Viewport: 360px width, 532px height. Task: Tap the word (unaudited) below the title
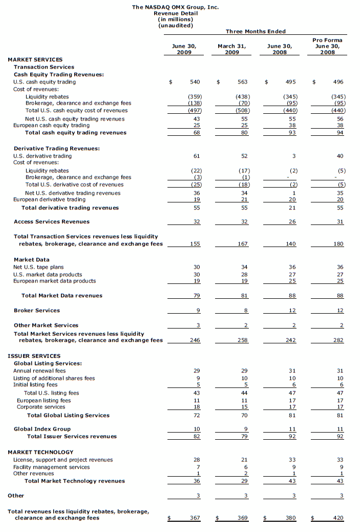[176, 25]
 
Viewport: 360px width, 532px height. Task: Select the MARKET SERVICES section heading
[35, 59]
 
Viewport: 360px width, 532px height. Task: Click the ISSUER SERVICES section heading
[34, 356]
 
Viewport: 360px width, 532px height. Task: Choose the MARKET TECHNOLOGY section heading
[40, 452]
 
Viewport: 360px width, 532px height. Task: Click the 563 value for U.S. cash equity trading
[242, 81]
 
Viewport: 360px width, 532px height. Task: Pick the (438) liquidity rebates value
[241, 96]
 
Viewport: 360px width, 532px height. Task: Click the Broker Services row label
[37, 310]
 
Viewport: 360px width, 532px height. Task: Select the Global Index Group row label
[42, 429]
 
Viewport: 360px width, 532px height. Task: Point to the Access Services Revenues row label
[51, 221]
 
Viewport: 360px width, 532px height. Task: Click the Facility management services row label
[51, 467]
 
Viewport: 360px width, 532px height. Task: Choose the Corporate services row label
[39, 407]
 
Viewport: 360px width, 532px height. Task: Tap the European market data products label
[54, 281]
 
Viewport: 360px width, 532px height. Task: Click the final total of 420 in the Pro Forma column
[338, 518]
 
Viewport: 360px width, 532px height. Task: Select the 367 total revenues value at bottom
[194, 518]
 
